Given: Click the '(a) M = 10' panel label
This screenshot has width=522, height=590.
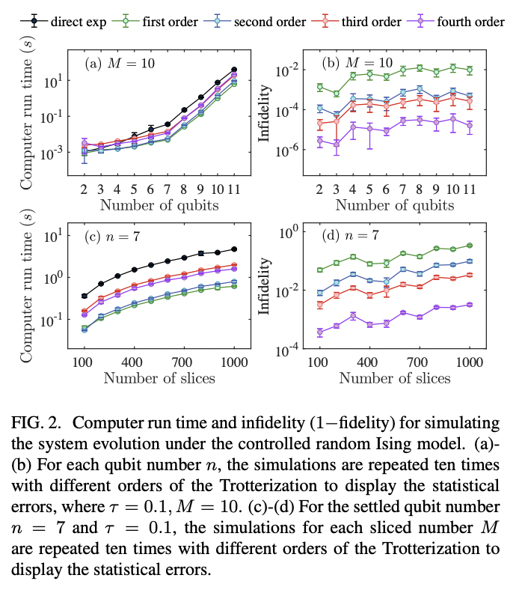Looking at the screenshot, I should (121, 63).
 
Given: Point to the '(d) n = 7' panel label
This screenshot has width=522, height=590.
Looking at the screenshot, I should (346, 236).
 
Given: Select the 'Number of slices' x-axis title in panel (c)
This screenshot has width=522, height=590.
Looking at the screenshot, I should (159, 377).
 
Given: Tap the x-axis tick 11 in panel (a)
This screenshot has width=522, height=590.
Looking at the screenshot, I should (234, 189).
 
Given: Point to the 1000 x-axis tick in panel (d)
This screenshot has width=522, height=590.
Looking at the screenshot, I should (470, 361).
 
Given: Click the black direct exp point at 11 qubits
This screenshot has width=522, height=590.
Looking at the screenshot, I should (234, 69).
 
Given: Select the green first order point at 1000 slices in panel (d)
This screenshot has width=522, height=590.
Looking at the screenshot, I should (470, 246).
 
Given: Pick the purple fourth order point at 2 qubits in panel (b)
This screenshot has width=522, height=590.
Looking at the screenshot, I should (319, 141).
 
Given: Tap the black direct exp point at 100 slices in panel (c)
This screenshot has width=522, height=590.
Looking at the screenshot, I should (84, 296).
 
